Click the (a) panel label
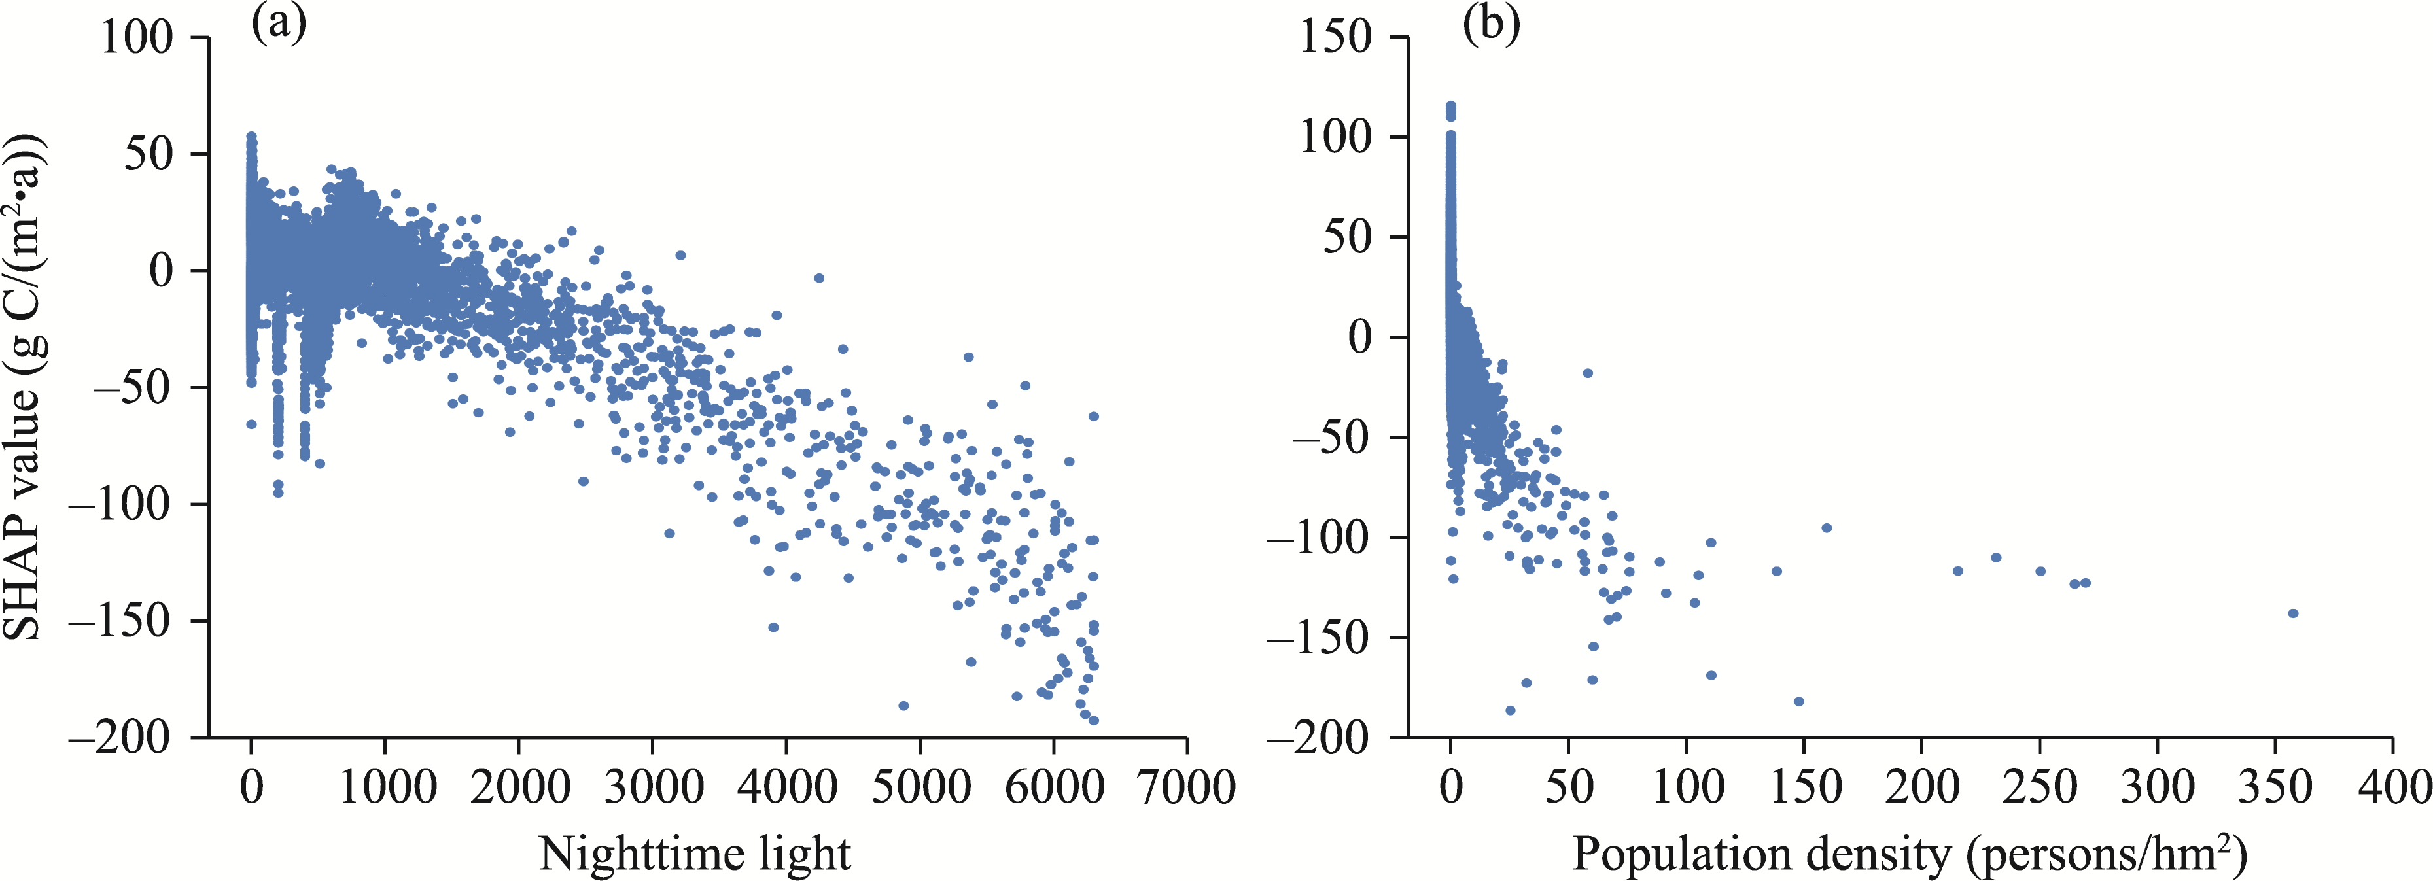click(279, 24)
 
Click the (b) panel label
click(1492, 24)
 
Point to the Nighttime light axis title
click(695, 854)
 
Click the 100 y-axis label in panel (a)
click(137, 38)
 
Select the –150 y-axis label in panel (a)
click(122, 621)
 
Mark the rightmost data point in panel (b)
click(2292, 613)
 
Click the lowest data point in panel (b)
click(1510, 710)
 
